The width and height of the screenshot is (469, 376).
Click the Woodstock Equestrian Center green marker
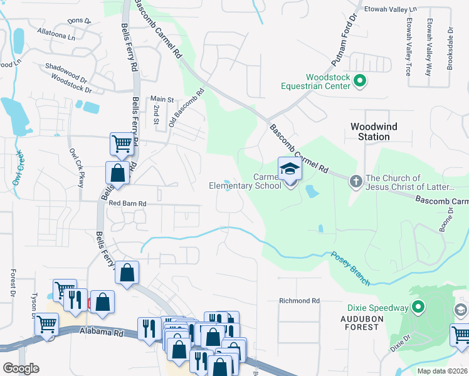tap(360, 81)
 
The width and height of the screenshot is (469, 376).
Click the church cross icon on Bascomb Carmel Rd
tap(355, 182)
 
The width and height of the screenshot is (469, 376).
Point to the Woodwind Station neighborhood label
tap(374, 131)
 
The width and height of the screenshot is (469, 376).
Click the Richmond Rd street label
tap(299, 301)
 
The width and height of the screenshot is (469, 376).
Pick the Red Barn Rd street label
tap(127, 204)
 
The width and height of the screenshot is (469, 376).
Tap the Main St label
tap(161, 99)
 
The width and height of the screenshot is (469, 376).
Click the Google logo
tap(21, 368)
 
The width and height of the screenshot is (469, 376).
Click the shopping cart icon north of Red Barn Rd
tap(121, 144)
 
